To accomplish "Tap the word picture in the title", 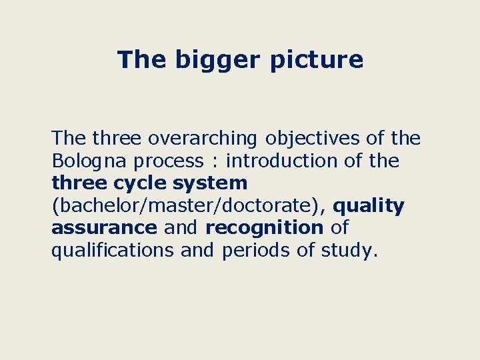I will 317,60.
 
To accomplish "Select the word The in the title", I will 143,60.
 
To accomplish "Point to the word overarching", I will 203,139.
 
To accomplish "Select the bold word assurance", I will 104,228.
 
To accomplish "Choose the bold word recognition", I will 264,228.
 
